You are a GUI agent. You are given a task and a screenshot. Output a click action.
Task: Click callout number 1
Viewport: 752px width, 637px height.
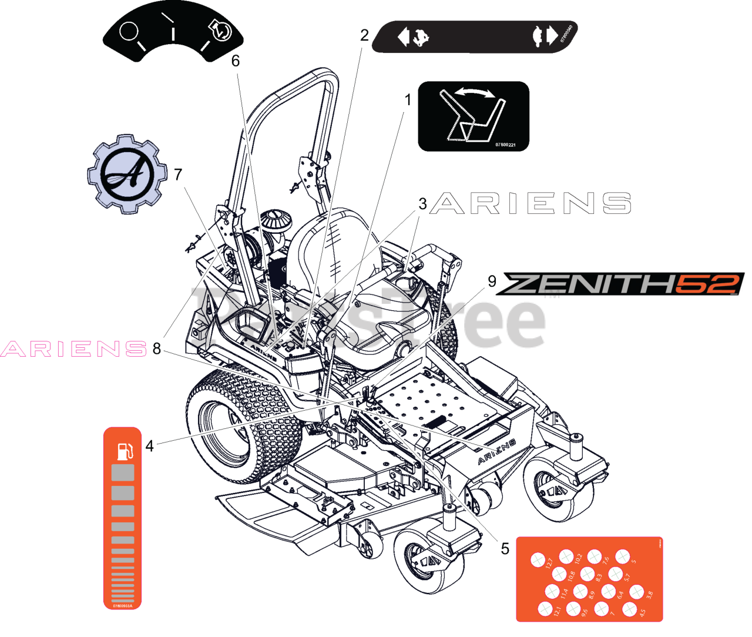click(x=408, y=100)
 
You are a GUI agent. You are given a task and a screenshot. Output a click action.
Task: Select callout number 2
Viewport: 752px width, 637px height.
click(x=364, y=35)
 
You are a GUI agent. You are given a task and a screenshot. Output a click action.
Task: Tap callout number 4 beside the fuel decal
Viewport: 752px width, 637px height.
click(x=150, y=446)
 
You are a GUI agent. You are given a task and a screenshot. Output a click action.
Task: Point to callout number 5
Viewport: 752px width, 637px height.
click(x=505, y=548)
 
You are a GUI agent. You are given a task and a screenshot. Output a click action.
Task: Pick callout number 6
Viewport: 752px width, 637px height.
click(x=236, y=61)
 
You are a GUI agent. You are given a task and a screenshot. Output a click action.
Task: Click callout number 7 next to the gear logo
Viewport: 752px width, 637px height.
click(x=178, y=174)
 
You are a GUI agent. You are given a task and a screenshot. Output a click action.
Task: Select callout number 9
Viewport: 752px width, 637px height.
click(x=492, y=281)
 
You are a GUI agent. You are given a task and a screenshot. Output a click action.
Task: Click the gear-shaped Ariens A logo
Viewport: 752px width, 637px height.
click(x=127, y=175)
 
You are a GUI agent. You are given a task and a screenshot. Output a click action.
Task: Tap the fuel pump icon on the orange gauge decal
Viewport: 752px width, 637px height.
click(x=125, y=451)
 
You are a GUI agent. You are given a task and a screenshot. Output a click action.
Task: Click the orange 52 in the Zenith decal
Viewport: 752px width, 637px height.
click(x=709, y=284)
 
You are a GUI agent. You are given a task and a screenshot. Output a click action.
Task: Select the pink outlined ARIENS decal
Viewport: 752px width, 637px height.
click(x=74, y=349)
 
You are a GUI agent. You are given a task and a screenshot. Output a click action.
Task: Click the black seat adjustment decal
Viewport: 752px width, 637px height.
click(x=474, y=116)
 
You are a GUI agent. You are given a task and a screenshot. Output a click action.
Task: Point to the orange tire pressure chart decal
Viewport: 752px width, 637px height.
click(x=589, y=579)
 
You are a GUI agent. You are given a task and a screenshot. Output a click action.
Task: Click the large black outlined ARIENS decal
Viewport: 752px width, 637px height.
click(x=531, y=203)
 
